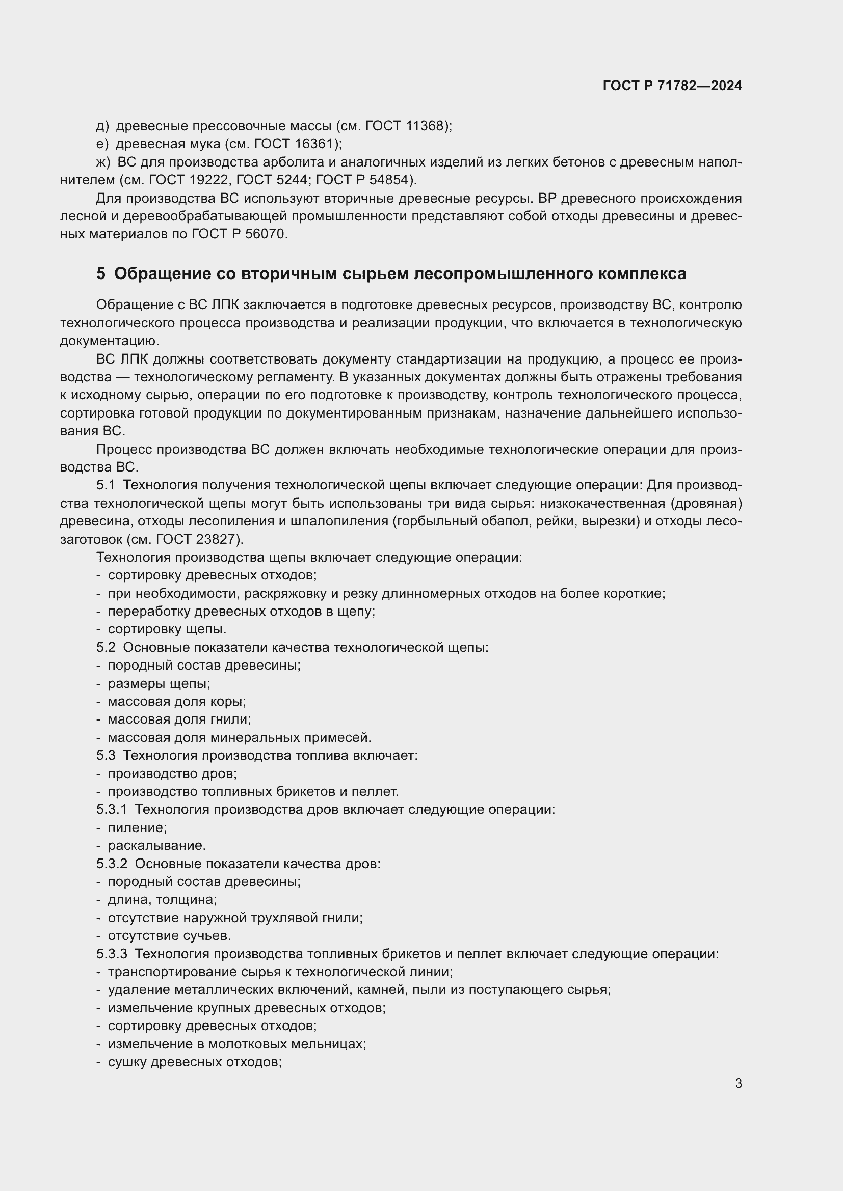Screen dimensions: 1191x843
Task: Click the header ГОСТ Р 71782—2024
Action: point(672,86)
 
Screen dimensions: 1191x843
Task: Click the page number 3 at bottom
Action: point(738,1083)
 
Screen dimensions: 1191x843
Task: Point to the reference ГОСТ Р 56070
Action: point(238,234)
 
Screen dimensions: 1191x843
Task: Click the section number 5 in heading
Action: point(101,273)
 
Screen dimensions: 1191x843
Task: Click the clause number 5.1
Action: point(106,486)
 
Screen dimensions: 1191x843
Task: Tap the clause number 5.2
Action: point(106,647)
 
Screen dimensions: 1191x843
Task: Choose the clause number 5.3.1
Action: point(112,809)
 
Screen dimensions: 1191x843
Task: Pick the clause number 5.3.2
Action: point(112,864)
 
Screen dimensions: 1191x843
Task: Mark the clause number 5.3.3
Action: point(112,953)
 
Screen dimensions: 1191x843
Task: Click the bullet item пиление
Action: point(137,828)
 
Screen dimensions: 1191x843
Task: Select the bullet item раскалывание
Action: point(157,846)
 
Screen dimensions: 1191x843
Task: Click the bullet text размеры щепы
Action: point(159,684)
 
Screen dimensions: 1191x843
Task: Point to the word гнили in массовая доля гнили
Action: point(233,719)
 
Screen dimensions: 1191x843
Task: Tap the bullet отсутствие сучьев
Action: point(169,936)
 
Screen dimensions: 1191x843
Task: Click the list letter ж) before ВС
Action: point(103,162)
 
